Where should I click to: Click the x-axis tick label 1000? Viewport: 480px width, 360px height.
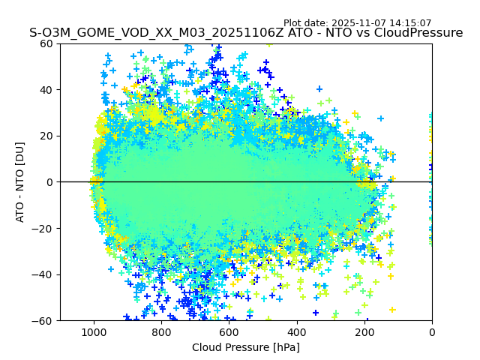click(x=94, y=332)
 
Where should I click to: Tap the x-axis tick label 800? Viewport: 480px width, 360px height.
click(x=161, y=332)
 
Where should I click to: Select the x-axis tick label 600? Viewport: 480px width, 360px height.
click(x=229, y=332)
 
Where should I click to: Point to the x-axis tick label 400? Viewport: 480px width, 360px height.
click(x=297, y=332)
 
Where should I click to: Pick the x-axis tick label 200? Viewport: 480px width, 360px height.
click(x=364, y=332)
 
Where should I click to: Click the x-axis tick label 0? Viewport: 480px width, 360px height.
click(x=432, y=332)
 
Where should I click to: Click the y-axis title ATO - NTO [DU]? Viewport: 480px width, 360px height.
click(x=20, y=182)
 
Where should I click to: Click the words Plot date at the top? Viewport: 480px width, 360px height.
click(x=305, y=23)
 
